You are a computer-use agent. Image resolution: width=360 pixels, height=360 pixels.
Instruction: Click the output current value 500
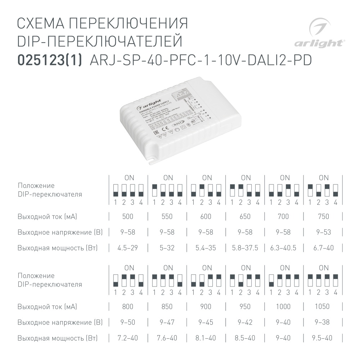(128, 217)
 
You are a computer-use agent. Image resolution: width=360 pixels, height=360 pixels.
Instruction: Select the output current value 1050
(322, 307)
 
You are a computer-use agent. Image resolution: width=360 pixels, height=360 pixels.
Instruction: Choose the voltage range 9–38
(322, 322)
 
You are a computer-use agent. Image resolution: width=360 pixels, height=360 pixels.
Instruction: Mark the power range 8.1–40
(207, 338)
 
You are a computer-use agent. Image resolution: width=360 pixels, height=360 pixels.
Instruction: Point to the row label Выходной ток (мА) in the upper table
(47, 217)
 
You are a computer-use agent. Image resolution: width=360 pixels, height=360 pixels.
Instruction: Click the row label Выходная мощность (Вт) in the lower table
(58, 338)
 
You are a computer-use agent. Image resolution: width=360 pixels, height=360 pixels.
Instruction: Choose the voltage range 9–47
(167, 322)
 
